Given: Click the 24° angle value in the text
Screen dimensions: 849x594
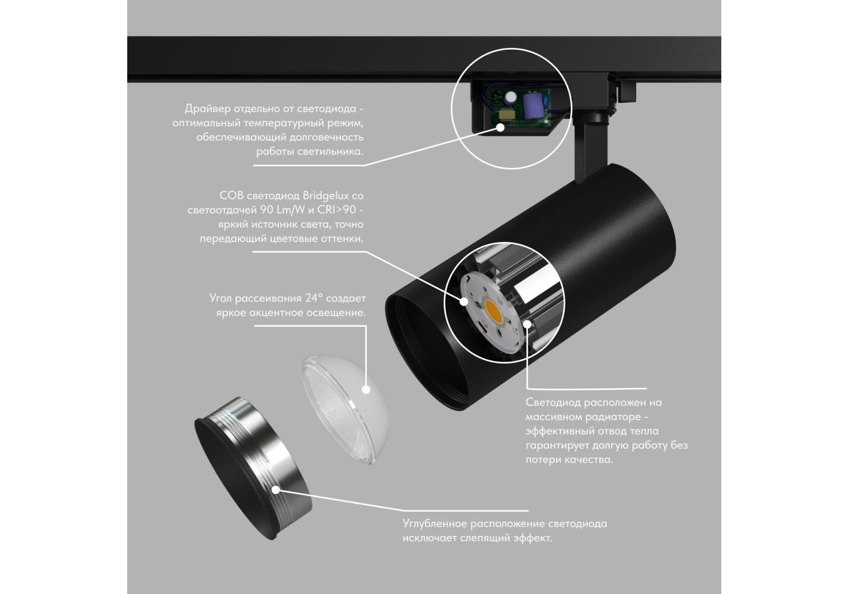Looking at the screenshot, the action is click(314, 298).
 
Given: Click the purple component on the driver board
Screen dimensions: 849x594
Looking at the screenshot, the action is click(533, 103).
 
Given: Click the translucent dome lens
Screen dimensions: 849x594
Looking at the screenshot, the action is click(344, 408).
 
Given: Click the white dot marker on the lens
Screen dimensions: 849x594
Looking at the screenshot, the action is click(366, 389).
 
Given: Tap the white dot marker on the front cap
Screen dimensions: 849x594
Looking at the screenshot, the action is click(276, 490).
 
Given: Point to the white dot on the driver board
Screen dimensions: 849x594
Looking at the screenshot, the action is click(500, 127).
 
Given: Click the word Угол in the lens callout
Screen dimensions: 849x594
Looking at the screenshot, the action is click(220, 298).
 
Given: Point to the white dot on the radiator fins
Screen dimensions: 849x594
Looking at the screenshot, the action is click(528, 324).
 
